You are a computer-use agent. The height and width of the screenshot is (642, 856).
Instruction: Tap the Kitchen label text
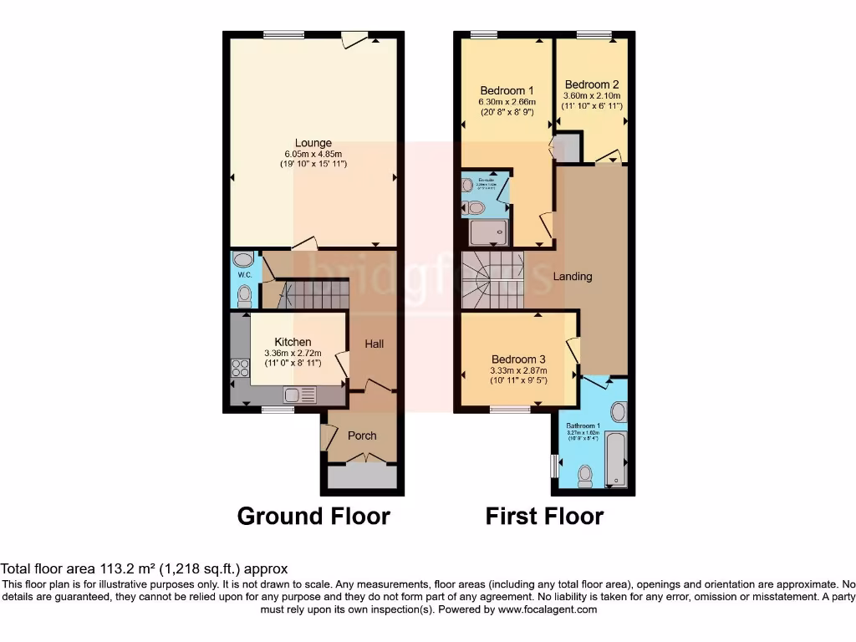click(293, 342)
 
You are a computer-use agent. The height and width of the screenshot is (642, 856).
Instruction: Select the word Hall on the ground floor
click(374, 344)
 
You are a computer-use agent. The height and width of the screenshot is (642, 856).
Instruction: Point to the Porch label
click(362, 436)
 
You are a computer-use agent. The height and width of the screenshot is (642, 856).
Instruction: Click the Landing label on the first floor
click(573, 276)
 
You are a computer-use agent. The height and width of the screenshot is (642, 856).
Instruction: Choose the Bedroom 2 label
click(592, 84)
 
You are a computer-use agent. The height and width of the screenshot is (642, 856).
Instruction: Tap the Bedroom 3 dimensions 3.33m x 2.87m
click(518, 371)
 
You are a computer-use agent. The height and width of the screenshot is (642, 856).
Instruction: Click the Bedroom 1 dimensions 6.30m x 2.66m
click(507, 102)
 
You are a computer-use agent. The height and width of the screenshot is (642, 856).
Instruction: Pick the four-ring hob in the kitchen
click(238, 367)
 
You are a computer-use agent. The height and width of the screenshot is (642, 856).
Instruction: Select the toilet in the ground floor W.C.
click(243, 295)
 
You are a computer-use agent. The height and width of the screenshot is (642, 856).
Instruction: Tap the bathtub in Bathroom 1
click(615, 458)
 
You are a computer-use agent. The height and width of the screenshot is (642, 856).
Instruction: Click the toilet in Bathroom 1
click(584, 475)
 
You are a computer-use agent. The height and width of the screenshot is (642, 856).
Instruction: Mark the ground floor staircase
click(313, 294)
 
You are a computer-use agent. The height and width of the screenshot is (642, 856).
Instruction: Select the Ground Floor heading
click(313, 516)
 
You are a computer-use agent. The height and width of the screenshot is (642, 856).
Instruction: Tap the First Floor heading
click(544, 516)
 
